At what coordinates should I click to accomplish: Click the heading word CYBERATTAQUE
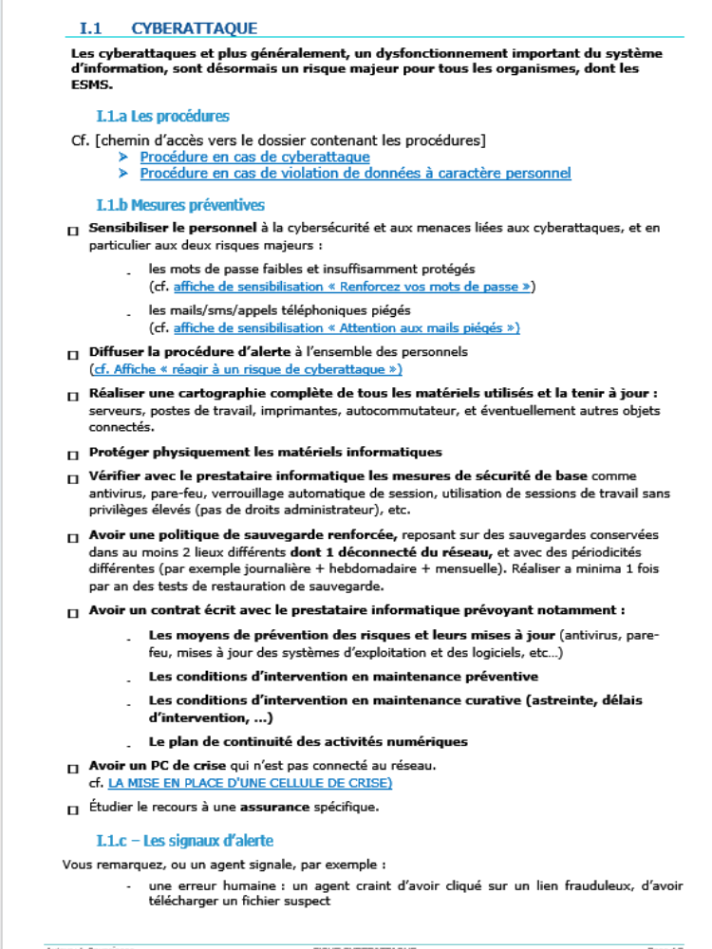click(194, 29)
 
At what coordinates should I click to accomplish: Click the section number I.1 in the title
click(90, 29)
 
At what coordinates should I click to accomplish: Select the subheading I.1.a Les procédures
click(162, 117)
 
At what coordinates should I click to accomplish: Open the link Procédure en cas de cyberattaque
click(254, 157)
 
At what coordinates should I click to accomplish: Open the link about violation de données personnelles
click(355, 173)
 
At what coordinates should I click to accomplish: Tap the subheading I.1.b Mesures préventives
click(180, 205)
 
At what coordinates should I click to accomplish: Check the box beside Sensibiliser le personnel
click(73, 231)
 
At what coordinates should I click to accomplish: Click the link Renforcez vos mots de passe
click(354, 286)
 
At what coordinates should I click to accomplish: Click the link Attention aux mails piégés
click(347, 327)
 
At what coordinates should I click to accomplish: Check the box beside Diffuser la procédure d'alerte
click(73, 354)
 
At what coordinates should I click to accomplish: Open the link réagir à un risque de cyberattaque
click(246, 368)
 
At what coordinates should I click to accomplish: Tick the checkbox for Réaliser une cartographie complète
click(73, 395)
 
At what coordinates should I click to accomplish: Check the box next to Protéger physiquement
click(73, 455)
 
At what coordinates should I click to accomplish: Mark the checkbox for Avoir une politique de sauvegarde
click(73, 537)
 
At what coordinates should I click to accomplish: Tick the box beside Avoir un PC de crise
click(73, 768)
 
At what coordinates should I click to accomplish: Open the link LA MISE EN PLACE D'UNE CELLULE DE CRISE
click(250, 783)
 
